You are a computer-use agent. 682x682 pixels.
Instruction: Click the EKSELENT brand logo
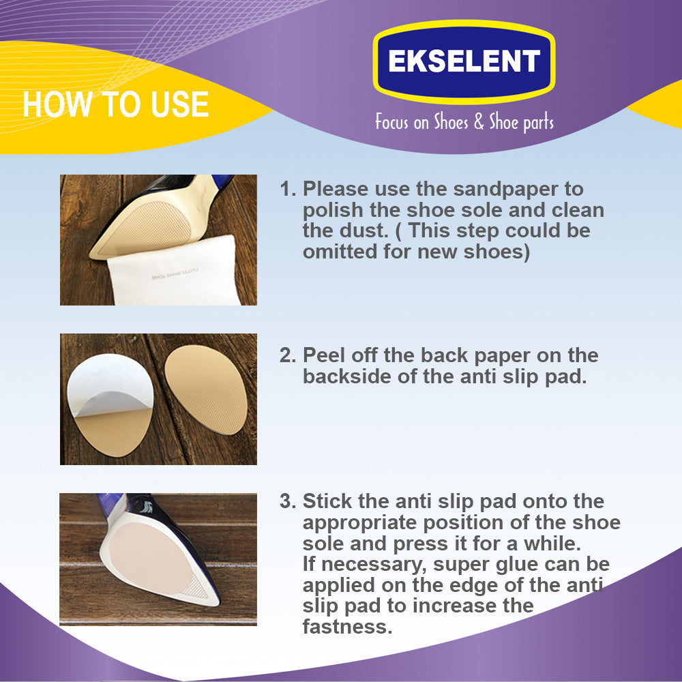pos(464,61)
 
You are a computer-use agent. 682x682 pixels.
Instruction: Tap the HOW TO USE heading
pos(116,104)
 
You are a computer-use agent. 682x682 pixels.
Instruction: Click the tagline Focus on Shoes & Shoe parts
pos(464,122)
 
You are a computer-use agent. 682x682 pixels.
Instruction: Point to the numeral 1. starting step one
pos(288,189)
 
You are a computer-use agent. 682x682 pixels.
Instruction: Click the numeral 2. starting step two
pos(288,355)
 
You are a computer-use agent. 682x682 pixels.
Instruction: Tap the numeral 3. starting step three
pos(288,501)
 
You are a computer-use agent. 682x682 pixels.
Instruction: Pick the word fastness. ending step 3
pos(347,627)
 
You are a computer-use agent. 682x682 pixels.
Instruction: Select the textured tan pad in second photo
pos(206,389)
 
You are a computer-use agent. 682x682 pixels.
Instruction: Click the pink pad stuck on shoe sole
pos(150,559)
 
